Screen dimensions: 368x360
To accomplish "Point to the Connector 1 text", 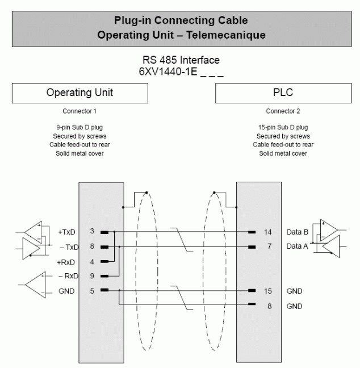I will [79, 111].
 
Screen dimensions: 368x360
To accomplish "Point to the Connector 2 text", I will [282, 111].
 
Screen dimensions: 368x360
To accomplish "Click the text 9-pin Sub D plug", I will [79, 128].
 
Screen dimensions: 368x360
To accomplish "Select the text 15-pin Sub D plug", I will [282, 128].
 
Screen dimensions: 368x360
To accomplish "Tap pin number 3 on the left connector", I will [92, 231].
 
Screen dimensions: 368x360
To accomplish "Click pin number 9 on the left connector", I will [92, 276].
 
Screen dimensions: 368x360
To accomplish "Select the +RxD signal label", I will [66, 262].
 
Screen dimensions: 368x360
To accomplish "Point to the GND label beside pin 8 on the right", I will [295, 306].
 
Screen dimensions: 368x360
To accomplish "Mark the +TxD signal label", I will [67, 232].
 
